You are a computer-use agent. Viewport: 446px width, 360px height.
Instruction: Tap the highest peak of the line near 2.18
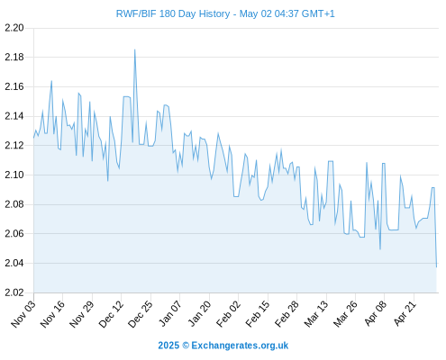pyautogui.click(x=134, y=49)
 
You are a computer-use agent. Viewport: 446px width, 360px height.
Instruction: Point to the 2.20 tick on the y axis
pyautogui.click(x=14, y=28)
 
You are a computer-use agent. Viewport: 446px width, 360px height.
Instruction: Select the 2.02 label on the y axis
pyautogui.click(x=14, y=292)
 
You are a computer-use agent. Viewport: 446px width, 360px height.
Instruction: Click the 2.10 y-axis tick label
pyautogui.click(x=14, y=175)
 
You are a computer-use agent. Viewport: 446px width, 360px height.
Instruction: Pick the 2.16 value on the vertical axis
pyautogui.click(x=14, y=86)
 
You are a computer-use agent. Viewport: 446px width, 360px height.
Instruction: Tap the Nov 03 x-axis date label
pyautogui.click(x=23, y=313)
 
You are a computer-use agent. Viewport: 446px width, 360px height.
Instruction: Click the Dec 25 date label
pyautogui.click(x=141, y=313)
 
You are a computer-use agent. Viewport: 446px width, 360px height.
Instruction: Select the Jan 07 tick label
pyautogui.click(x=170, y=313)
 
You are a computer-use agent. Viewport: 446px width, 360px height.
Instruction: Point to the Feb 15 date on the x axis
pyautogui.click(x=258, y=313)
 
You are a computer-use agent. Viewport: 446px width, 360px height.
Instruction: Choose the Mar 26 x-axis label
pyautogui.click(x=345, y=313)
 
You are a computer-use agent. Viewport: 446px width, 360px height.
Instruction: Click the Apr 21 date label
pyautogui.click(x=405, y=313)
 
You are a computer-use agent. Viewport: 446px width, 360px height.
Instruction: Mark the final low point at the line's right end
pyautogui.click(x=436, y=266)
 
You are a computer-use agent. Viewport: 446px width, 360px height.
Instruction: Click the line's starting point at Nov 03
pyautogui.click(x=34, y=138)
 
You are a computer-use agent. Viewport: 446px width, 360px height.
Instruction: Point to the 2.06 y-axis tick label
pyautogui.click(x=14, y=233)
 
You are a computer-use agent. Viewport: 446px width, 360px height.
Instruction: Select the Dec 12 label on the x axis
pyautogui.click(x=111, y=313)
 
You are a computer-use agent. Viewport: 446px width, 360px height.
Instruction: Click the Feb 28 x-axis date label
pyautogui.click(x=287, y=313)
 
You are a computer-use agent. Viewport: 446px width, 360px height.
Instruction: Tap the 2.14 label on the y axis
pyautogui.click(x=14, y=116)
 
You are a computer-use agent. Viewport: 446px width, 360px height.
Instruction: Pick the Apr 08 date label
pyautogui.click(x=376, y=313)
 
